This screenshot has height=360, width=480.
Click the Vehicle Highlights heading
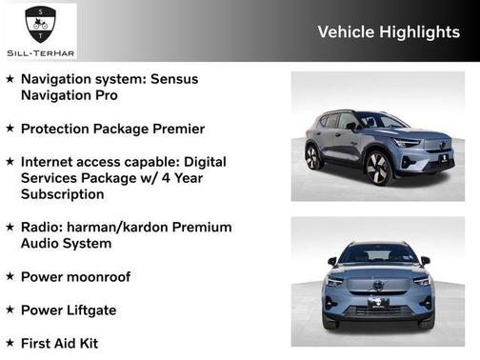point(388,32)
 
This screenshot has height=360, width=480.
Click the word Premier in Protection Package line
point(174,129)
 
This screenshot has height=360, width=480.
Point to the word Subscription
point(63,194)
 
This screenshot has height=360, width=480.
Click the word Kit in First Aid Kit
point(86,343)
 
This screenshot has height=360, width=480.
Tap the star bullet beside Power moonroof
point(10,277)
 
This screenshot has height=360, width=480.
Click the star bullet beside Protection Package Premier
point(10,129)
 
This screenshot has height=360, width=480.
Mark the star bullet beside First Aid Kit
point(10,343)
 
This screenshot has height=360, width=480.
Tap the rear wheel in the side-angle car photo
point(313,156)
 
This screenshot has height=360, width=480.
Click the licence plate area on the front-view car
point(378,304)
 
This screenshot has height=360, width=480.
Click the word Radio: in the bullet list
point(47,228)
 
